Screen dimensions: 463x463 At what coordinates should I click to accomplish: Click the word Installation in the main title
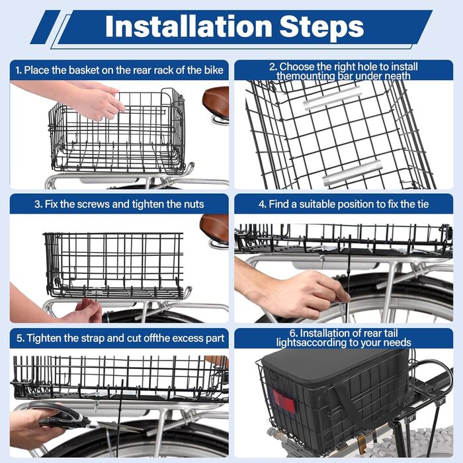point(189,26)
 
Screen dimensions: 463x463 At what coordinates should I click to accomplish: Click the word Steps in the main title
point(321,27)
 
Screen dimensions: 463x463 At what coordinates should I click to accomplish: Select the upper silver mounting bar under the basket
point(333,98)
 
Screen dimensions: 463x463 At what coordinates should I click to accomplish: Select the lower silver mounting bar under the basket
point(353,173)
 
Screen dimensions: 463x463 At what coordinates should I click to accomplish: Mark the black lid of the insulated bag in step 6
point(331,366)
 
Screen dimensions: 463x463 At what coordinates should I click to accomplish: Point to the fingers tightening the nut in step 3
point(89,310)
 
